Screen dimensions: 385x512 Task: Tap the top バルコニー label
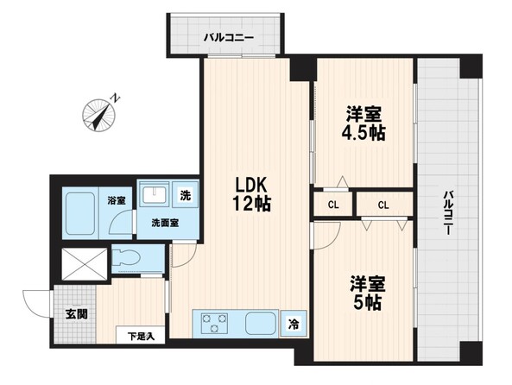(229, 38)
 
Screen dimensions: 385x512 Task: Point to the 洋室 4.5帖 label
(363, 124)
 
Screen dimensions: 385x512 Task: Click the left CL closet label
(332, 205)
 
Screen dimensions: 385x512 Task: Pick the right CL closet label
(382, 205)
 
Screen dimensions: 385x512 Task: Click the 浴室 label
(116, 200)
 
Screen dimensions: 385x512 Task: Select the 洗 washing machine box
(185, 195)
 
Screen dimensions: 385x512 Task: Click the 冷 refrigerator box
(294, 325)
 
